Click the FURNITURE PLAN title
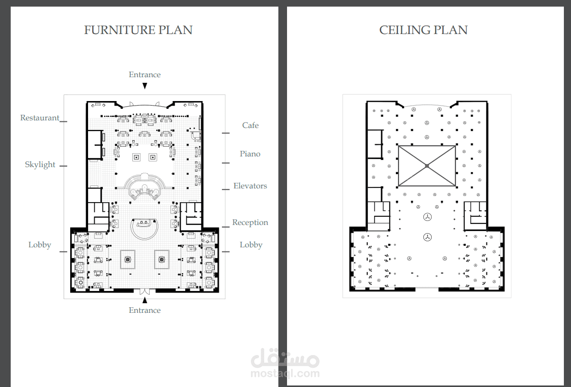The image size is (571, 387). point(138,30)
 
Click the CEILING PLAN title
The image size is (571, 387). point(423,30)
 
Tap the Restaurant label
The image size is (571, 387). point(40,118)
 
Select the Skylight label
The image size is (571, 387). point(40,165)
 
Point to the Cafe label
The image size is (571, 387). point(250,125)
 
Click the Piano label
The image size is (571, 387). point(250,154)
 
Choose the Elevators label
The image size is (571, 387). point(250,186)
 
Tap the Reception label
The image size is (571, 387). point(250,222)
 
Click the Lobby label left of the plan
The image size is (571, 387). point(40,245)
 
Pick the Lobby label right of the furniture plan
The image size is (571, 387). point(251,245)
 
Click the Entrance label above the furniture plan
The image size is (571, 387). point(145,75)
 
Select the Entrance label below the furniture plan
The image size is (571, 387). point(145,310)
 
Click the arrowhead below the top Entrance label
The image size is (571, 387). point(145,86)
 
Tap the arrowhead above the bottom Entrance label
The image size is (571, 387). point(145,300)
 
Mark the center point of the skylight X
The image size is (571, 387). point(427,166)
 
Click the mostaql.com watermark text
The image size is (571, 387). point(285,373)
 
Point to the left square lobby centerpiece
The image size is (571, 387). point(127,259)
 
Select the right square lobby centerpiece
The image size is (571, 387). point(162,259)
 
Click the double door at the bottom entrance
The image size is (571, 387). point(145,291)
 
